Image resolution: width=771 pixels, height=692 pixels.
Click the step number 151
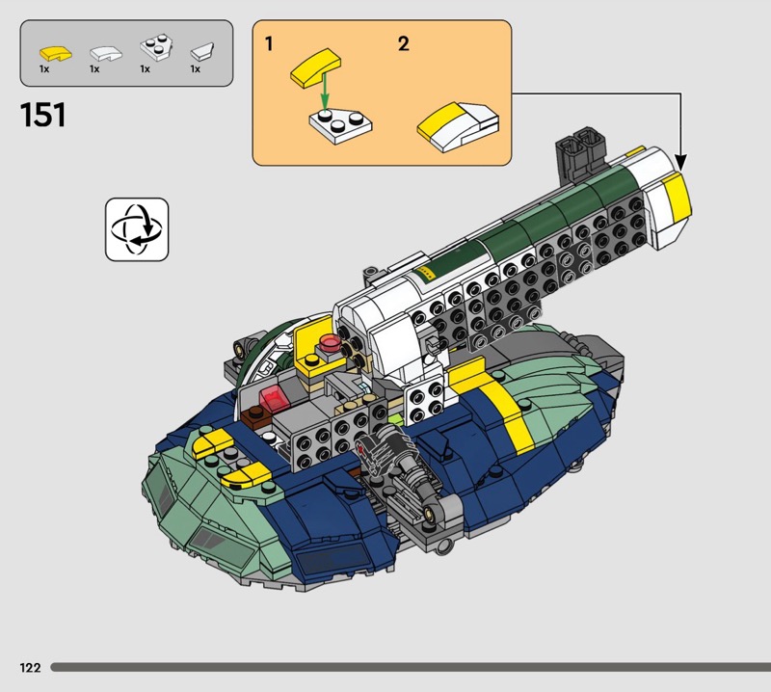tap(42, 115)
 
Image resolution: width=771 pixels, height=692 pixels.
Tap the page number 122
tap(30, 667)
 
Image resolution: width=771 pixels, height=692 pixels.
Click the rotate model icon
tap(137, 229)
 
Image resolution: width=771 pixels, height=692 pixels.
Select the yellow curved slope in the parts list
tap(56, 53)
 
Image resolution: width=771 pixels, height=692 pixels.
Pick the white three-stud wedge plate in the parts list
tap(156, 48)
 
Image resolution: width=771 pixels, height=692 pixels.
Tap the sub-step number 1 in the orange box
tap(269, 43)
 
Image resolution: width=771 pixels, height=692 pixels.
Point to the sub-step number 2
tap(403, 43)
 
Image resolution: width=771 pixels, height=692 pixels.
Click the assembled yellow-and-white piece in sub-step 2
tap(459, 126)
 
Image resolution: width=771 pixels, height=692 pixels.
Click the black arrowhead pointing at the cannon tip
tap(680, 162)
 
